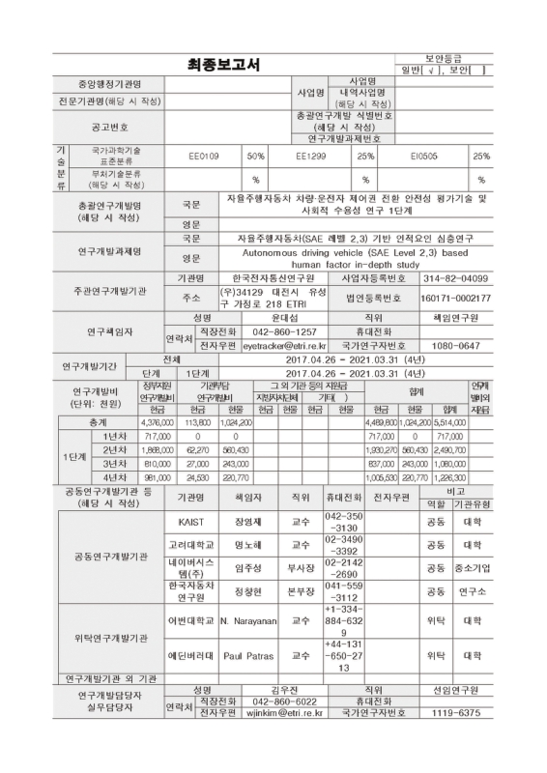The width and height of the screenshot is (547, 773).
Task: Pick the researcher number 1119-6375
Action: (456, 712)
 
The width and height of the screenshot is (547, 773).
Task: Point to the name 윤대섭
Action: (284, 316)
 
